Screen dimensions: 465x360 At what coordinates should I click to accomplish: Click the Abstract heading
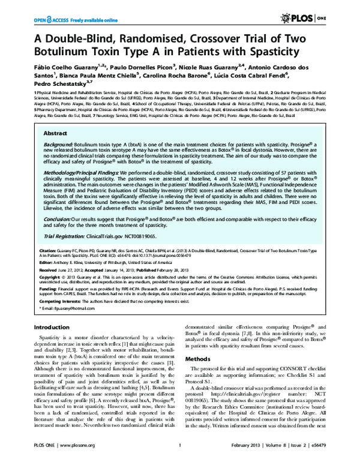[x=56, y=134]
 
